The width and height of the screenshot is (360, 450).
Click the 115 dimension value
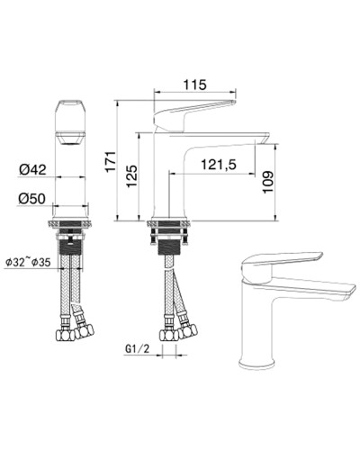click(x=194, y=85)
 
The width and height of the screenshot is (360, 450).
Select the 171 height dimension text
click(x=111, y=161)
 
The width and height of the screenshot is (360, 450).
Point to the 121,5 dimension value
click(x=219, y=164)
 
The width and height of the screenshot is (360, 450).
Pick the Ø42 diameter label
click(x=32, y=167)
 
